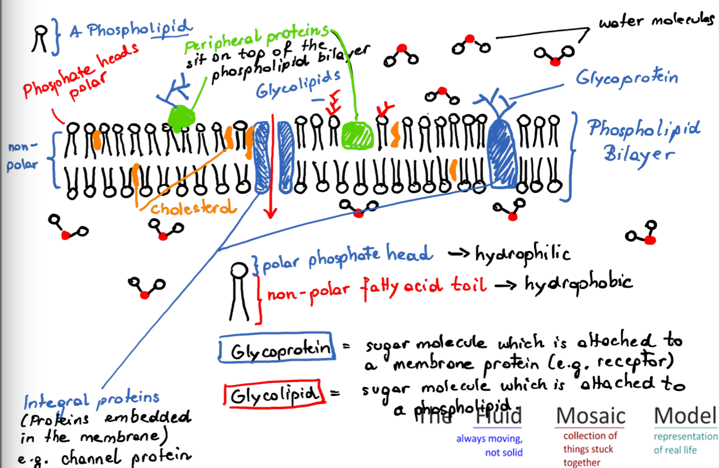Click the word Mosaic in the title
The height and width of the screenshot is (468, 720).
pyautogui.click(x=590, y=416)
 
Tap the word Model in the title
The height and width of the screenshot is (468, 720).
pyautogui.click(x=685, y=416)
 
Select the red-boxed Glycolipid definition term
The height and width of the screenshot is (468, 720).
pyautogui.click(x=273, y=395)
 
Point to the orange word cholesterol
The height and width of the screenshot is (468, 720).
pyautogui.click(x=192, y=208)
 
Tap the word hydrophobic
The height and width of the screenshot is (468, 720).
pyautogui.click(x=578, y=283)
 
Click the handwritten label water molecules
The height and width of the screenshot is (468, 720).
pyautogui.click(x=656, y=21)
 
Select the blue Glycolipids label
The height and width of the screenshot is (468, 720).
pyautogui.click(x=298, y=84)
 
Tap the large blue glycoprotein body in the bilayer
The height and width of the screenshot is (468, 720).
pyautogui.click(x=502, y=153)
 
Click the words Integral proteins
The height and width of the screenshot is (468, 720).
pyautogui.click(x=91, y=399)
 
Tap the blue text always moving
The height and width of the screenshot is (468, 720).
pyautogui.click(x=489, y=439)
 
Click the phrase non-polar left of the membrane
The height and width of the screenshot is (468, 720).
pyautogui.click(x=22, y=155)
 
